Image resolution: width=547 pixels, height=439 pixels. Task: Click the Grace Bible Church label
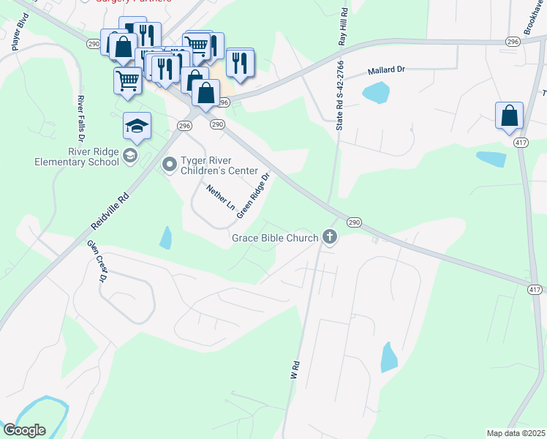[x=275, y=238]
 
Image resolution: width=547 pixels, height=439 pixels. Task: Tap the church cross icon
[x=330, y=237]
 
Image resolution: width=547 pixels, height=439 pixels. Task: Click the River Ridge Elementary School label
[x=77, y=157]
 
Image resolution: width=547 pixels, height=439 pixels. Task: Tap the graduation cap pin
[x=137, y=127]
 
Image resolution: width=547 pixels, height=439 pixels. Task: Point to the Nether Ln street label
[x=219, y=198]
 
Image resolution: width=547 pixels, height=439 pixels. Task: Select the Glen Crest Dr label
[x=97, y=261]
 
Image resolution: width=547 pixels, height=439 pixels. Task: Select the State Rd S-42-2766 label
[x=339, y=96]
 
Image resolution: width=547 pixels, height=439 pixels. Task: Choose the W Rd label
[x=295, y=369]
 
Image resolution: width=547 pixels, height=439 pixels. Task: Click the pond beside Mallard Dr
[x=376, y=93]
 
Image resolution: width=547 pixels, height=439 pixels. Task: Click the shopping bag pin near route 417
[x=509, y=116]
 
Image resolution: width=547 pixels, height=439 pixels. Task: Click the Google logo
[x=23, y=430]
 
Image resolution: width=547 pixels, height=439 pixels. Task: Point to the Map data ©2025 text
[x=515, y=433]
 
